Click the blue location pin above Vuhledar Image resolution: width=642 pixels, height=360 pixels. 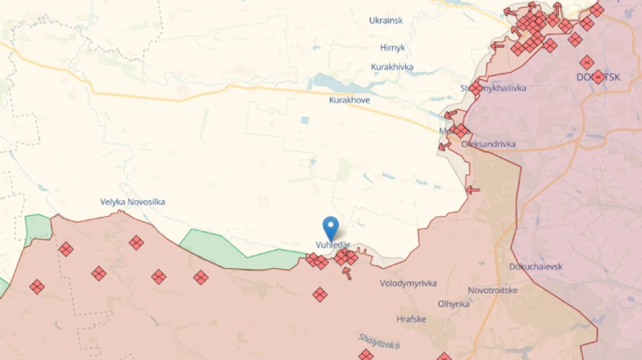coord(330,227)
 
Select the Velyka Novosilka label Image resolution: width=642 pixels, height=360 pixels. coord(133,202)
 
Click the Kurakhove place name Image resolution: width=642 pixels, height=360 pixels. coord(350,100)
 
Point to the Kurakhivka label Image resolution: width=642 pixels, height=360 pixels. coord(392,67)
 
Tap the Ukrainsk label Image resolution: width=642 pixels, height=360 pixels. coord(386,20)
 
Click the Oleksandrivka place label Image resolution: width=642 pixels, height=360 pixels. coord(489,144)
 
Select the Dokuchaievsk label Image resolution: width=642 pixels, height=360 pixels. coord(536,267)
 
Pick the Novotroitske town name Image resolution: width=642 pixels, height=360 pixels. coord(493,290)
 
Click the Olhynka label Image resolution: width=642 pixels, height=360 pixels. coord(454,304)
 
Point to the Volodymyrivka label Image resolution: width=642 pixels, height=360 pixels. coord(408,283)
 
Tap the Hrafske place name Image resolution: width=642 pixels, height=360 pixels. coord(411,319)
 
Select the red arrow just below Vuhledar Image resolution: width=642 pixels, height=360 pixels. coord(347,272)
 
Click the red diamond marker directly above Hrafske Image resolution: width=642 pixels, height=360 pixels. coord(320,294)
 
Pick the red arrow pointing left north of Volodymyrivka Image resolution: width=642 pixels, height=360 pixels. coord(472,190)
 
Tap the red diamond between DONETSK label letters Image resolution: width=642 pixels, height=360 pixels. coord(598,77)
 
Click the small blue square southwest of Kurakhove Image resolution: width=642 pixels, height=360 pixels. coord(305,120)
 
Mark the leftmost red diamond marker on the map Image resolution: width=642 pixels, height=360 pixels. coord(36,287)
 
